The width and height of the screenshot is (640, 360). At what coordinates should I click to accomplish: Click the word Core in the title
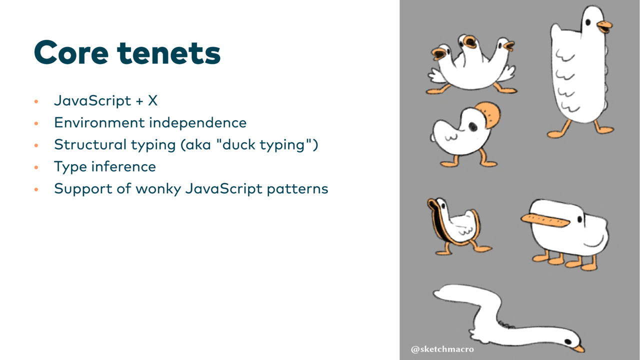coord(71,52)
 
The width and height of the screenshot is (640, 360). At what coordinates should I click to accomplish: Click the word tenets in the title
coord(169,53)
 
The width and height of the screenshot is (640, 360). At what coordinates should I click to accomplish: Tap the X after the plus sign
coord(153,100)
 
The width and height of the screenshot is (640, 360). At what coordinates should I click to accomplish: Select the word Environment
coord(99,122)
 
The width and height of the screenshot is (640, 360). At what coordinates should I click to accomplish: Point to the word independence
coord(197,122)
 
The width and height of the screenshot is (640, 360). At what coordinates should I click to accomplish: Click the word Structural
coord(90,144)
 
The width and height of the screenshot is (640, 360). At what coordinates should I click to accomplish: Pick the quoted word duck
coord(238,144)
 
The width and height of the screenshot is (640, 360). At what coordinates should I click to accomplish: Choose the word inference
coord(123,166)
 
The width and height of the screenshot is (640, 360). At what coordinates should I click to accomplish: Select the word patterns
coord(297,189)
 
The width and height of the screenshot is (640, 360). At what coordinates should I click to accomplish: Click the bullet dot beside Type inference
coord(36,167)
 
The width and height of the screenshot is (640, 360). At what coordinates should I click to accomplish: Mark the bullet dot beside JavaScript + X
coord(36,101)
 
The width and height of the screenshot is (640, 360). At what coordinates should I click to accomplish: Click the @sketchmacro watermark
coord(442,349)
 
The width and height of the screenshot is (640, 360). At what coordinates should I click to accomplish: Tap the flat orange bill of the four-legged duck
coord(545,220)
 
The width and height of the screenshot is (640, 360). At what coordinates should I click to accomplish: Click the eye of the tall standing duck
coord(588,22)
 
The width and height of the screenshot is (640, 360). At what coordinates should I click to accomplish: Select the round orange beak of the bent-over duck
coord(489,115)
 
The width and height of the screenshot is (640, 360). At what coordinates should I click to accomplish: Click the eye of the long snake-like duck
coord(568,341)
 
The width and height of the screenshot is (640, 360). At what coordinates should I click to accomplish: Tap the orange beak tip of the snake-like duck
coord(579,349)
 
